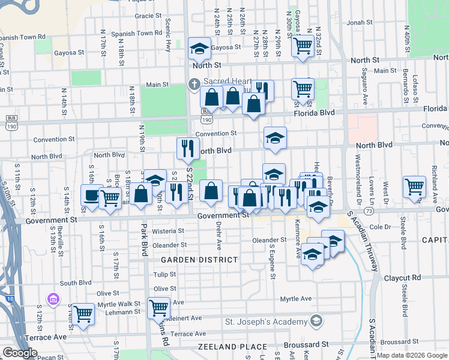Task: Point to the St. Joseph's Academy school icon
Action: click(316, 322)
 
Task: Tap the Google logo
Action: click(20, 353)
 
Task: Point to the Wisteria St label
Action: click(169, 231)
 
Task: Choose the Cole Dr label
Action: click(380, 227)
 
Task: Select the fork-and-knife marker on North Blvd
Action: click(188, 148)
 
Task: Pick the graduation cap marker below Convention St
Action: click(274, 139)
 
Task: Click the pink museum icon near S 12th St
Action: click(53, 298)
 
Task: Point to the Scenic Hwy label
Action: click(168, 34)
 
